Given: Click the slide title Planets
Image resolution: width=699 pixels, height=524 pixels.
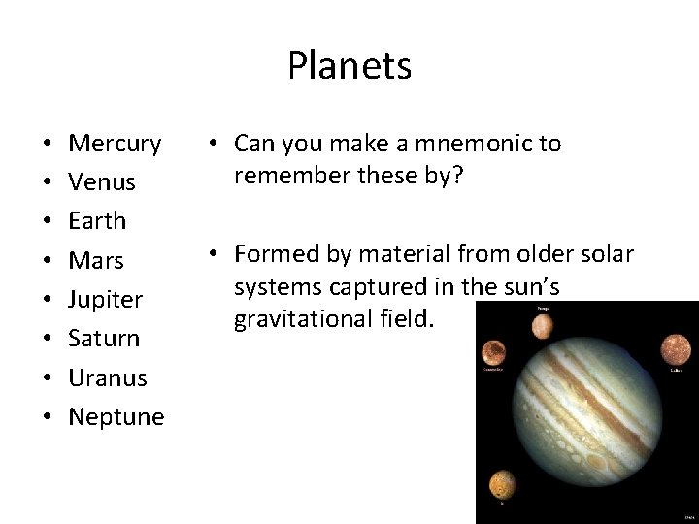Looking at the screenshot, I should (x=349, y=67).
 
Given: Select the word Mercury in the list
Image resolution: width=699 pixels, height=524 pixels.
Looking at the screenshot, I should (x=115, y=144).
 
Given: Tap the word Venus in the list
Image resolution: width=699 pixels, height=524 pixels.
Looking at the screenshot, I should (x=102, y=182).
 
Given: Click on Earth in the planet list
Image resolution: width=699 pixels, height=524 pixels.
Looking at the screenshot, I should (x=97, y=221).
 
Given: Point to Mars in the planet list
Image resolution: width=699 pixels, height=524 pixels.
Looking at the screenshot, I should (x=96, y=260).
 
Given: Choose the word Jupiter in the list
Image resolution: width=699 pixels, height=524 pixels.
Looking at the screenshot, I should (x=105, y=300).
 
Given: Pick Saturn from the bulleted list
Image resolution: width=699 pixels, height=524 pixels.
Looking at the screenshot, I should (x=104, y=339).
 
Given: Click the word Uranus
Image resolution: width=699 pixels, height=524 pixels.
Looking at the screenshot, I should (x=107, y=377).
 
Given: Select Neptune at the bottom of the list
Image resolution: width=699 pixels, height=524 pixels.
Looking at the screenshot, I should (x=116, y=417).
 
